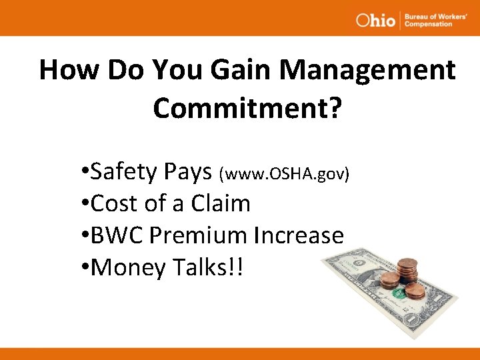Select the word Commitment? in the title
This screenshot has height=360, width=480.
tap(247, 107)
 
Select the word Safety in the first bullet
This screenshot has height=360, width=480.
tap(122, 173)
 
